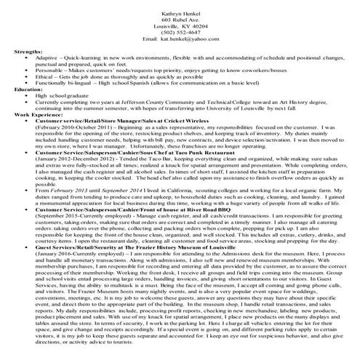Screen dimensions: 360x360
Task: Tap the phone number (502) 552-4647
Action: point(180,31)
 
